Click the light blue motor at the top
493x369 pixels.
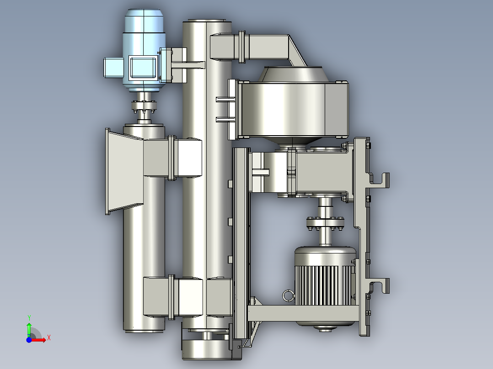click(x=145, y=50)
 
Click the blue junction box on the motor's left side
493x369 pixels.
click(x=113, y=67)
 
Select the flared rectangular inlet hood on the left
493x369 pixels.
click(x=124, y=171)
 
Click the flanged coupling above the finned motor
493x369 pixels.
click(x=325, y=223)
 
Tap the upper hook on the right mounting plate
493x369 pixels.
click(x=380, y=179)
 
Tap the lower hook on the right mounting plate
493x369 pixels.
click(x=380, y=285)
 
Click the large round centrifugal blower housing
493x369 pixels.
click(x=292, y=110)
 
